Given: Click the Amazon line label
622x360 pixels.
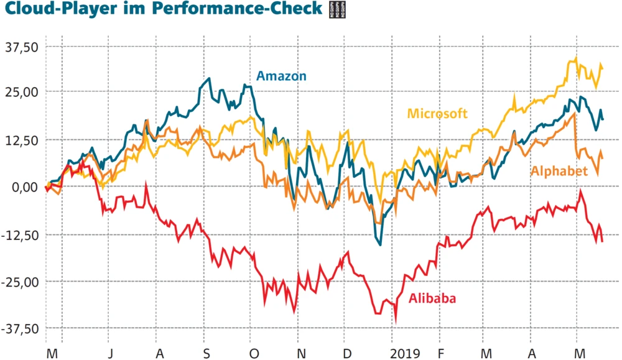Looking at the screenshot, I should point(282,76).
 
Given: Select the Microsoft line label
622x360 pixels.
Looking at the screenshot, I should point(437,113).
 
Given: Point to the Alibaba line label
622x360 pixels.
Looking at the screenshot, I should point(432,298).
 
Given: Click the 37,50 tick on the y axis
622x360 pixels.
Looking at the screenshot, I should point(22,46).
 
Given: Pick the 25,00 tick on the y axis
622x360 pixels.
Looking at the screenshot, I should point(22,93).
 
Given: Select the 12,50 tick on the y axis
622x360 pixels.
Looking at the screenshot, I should point(22,140).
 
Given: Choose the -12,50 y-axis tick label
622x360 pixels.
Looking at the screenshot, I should point(21,234).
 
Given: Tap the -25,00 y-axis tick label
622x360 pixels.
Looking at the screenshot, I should point(21,281).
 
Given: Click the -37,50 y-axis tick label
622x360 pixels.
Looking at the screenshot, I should point(21,328).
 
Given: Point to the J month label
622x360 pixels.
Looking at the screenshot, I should point(109,353).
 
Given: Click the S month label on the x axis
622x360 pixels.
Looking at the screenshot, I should point(207,353).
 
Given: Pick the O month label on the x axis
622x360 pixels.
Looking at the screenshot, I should point(254,353).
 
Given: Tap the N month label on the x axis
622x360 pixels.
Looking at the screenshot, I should point(301,353).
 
